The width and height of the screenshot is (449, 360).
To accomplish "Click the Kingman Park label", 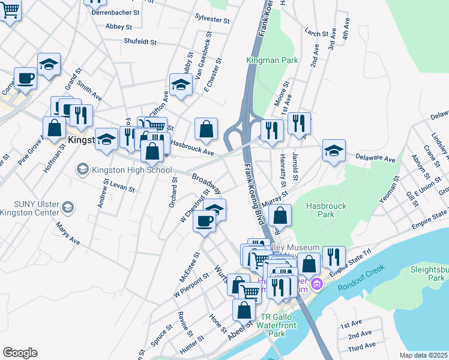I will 264,61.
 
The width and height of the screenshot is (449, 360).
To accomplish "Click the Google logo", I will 20,353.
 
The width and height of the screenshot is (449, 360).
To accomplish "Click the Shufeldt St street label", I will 140,42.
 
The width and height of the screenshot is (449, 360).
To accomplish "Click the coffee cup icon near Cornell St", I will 25,79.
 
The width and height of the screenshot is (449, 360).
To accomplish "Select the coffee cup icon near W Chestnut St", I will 204,221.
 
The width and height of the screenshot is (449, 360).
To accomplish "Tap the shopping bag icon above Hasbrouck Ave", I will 206,129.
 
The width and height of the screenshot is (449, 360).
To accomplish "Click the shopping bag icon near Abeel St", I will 244,310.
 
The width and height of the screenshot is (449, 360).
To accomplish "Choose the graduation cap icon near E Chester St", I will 180,85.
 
